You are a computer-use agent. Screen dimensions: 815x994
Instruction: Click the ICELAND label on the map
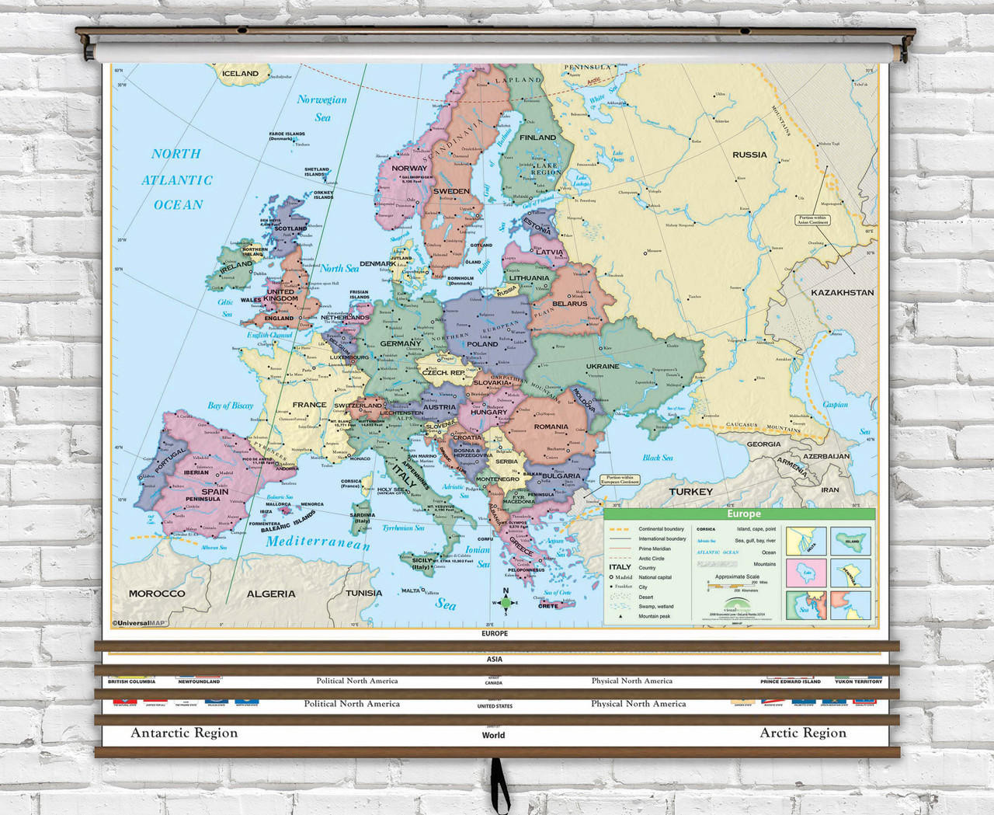(240, 74)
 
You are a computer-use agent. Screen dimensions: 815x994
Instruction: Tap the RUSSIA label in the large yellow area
(749, 155)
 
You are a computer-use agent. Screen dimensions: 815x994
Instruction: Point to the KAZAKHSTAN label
(843, 293)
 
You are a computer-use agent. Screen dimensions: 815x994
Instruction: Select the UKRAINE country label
(603, 366)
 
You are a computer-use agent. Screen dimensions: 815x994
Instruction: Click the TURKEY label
(690, 492)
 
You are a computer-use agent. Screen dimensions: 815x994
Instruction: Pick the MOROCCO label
(157, 594)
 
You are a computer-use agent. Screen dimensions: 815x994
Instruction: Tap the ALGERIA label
(271, 594)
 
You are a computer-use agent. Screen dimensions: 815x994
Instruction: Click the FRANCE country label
(309, 405)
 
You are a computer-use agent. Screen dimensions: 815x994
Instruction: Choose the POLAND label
(482, 343)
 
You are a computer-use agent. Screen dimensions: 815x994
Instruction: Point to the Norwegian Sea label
(321, 108)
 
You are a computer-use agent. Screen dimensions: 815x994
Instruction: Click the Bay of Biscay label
(231, 406)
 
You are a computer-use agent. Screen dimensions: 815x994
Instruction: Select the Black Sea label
(657, 458)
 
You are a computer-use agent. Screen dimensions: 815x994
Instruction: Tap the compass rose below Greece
(506, 603)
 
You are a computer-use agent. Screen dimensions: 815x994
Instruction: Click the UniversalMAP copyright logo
(139, 622)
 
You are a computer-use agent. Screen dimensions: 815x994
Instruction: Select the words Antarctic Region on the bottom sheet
(184, 733)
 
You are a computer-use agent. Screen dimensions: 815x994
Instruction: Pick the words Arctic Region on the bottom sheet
(803, 733)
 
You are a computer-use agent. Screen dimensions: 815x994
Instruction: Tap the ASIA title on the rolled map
(495, 659)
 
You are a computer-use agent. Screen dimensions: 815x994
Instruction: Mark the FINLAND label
(537, 138)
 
